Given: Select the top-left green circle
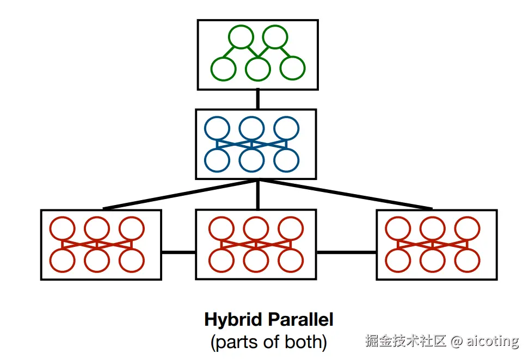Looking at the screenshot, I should (241, 38).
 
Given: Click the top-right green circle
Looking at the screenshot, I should (275, 38).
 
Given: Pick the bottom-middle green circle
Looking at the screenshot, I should (258, 69).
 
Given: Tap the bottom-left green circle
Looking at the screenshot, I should (223, 69).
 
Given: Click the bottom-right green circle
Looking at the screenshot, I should (293, 69).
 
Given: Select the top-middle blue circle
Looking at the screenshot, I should (251, 128).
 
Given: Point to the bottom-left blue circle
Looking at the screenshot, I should (217, 160).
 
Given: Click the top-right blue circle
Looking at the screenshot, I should (286, 128).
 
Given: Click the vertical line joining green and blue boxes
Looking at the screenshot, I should (258, 99).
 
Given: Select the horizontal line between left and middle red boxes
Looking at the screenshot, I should (178, 252).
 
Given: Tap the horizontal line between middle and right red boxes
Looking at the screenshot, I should (346, 252).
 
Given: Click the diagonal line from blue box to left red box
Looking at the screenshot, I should (180, 194).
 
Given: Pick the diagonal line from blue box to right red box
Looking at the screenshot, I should (346, 194).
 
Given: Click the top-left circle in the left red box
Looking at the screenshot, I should (62, 228).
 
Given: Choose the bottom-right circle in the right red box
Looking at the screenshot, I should (468, 260).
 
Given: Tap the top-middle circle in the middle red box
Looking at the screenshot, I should (256, 228).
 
